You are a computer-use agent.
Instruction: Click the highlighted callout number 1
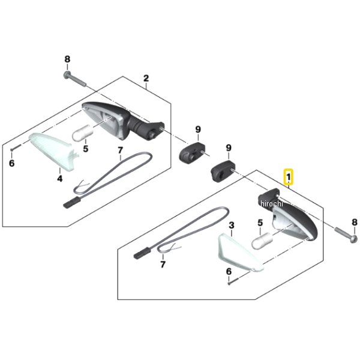(289, 177)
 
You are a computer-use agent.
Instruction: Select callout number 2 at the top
(146, 78)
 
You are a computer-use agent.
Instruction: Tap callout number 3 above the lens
(232, 225)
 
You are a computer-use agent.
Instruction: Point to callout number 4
(59, 178)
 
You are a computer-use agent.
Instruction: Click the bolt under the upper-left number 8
(74, 79)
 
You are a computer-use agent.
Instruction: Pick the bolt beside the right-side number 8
(346, 234)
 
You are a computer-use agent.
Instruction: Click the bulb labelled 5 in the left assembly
(83, 134)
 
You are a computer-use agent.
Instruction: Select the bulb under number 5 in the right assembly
(262, 241)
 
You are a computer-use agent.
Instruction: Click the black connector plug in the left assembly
(71, 203)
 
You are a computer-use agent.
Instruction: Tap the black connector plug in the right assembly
(142, 253)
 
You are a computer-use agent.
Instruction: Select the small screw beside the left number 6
(16, 147)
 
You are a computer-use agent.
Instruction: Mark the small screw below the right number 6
(235, 281)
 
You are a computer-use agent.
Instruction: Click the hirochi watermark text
(272, 203)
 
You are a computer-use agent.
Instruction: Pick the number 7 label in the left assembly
(121, 151)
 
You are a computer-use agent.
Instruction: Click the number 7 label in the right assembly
(163, 265)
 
